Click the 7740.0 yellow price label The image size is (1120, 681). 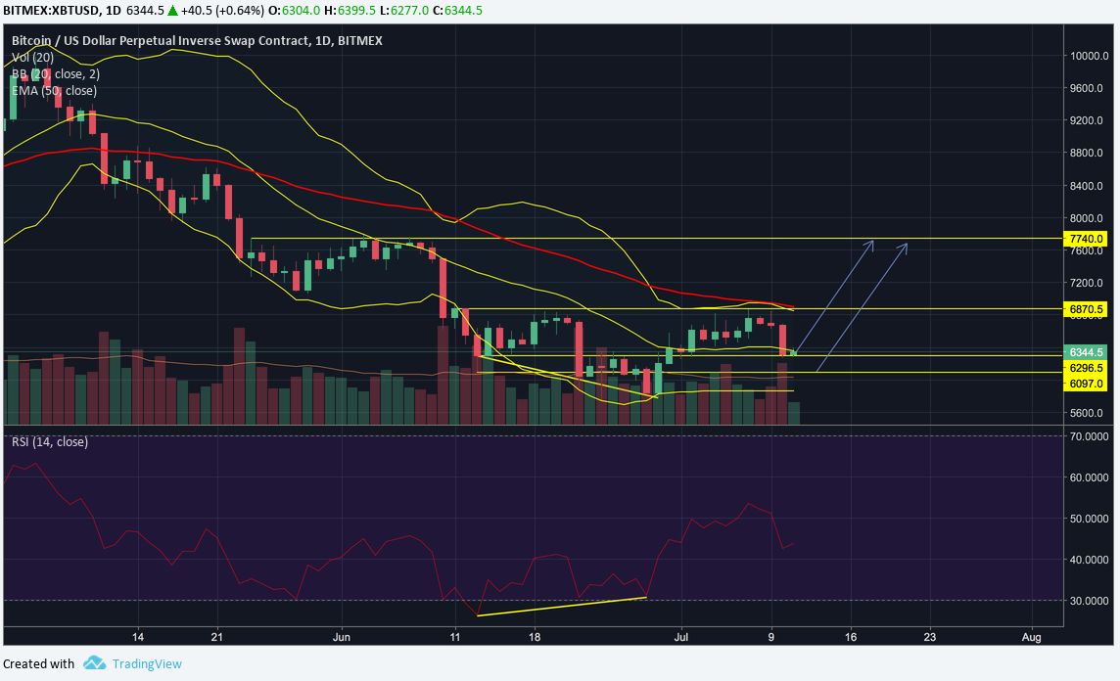click(x=1087, y=239)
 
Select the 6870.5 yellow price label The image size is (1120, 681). click(x=1087, y=308)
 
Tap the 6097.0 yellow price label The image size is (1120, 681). click(x=1087, y=385)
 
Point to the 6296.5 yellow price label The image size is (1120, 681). click(x=1087, y=368)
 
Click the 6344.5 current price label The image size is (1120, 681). click(x=1087, y=351)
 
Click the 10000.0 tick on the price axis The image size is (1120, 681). click(x=1088, y=56)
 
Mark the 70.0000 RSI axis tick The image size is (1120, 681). click(x=1090, y=435)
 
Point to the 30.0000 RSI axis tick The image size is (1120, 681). click(x=1090, y=601)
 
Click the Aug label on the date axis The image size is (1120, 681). click(x=1032, y=635)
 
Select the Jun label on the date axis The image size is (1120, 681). click(x=342, y=635)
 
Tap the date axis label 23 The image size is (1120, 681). click(x=930, y=635)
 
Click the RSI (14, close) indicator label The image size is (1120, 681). click(x=50, y=442)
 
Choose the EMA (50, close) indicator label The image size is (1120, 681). click(x=54, y=90)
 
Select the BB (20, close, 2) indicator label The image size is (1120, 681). click(x=56, y=73)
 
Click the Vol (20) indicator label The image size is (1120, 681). click(x=32, y=58)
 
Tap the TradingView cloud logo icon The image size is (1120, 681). click(x=94, y=663)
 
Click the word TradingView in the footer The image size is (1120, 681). click(x=147, y=663)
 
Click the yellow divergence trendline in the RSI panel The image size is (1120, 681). click(x=562, y=606)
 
